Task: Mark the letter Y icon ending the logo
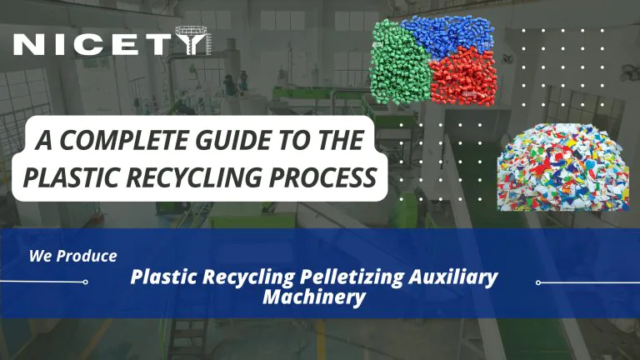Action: (200, 44)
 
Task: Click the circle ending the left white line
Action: (85, 282)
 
